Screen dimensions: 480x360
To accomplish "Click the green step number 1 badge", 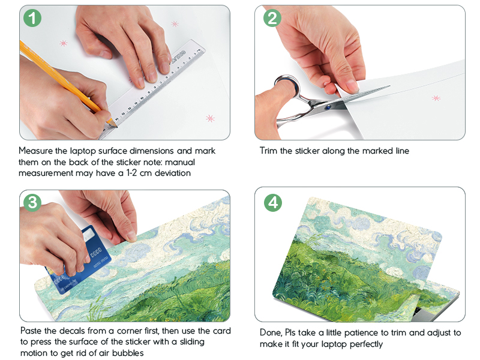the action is (x=32, y=18).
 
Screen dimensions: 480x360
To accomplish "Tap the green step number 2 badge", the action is (x=272, y=18).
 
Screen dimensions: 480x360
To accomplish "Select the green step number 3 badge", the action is (x=32, y=202).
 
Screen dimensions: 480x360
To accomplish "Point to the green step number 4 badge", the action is (x=273, y=202).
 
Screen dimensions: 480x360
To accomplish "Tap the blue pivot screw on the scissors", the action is (x=328, y=107).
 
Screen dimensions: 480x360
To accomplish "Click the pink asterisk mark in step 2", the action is (x=436, y=98).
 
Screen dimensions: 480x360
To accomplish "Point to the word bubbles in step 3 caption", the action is (x=128, y=353).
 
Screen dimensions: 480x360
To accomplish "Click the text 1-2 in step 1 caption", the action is (x=131, y=173).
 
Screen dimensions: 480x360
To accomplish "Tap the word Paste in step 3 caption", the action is (x=31, y=331).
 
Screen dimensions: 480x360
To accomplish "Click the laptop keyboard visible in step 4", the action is (x=419, y=311).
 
